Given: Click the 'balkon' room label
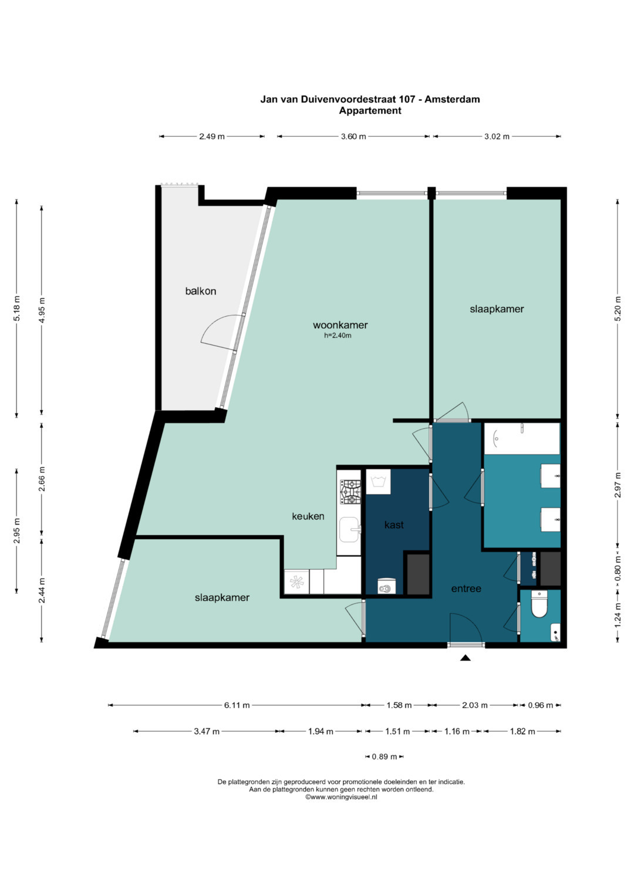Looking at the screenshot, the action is tap(201, 291).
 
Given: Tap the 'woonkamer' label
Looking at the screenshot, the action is tap(340, 325).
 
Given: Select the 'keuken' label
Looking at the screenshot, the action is tap(308, 516).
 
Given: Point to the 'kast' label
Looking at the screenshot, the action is tap(394, 525).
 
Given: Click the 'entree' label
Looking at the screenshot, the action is tap(466, 589).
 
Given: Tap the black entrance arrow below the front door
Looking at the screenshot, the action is tap(465, 658).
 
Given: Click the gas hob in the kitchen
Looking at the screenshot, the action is tap(350, 492).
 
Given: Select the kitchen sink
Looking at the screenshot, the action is tap(350, 529).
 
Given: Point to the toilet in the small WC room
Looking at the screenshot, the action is tap(539, 604).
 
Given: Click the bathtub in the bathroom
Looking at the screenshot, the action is tap(522, 438).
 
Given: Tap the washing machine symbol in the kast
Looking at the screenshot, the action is tap(379, 482).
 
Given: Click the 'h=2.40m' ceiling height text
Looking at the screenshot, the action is tap(338, 336).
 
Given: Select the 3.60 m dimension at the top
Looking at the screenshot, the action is tap(353, 136).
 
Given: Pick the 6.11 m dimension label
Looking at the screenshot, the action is tap(237, 705).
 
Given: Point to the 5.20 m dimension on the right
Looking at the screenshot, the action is tap(618, 309).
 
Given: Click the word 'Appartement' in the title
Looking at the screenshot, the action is tap(370, 111).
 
